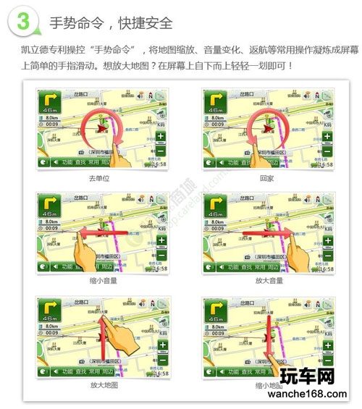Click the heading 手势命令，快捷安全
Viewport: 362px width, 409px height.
tap(110, 22)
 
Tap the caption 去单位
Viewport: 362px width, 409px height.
tap(99, 177)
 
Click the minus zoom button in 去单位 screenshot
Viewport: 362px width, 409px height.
tap(161, 153)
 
